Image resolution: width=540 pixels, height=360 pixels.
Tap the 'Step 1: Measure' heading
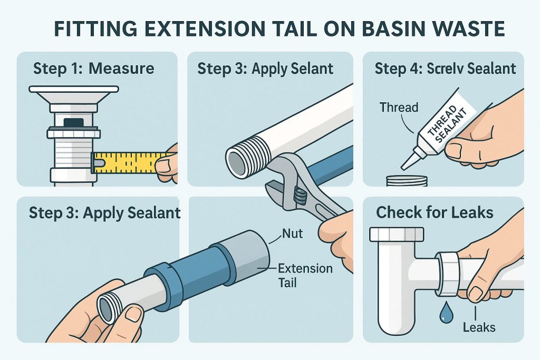[x=94, y=68]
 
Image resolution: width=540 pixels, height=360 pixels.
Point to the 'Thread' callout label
[x=399, y=107]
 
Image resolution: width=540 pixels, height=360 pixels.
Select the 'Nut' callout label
[x=292, y=233]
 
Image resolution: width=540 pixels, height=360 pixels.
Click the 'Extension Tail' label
[x=305, y=275]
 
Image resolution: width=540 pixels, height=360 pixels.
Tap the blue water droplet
[x=447, y=312]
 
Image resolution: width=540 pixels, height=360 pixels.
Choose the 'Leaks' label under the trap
[x=479, y=327]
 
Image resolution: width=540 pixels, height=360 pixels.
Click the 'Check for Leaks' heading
[x=435, y=212]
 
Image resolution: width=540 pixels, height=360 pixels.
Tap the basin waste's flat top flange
[x=74, y=90]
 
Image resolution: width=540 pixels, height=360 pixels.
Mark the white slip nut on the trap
[x=448, y=274]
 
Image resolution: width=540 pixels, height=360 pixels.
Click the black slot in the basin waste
[x=74, y=123]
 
